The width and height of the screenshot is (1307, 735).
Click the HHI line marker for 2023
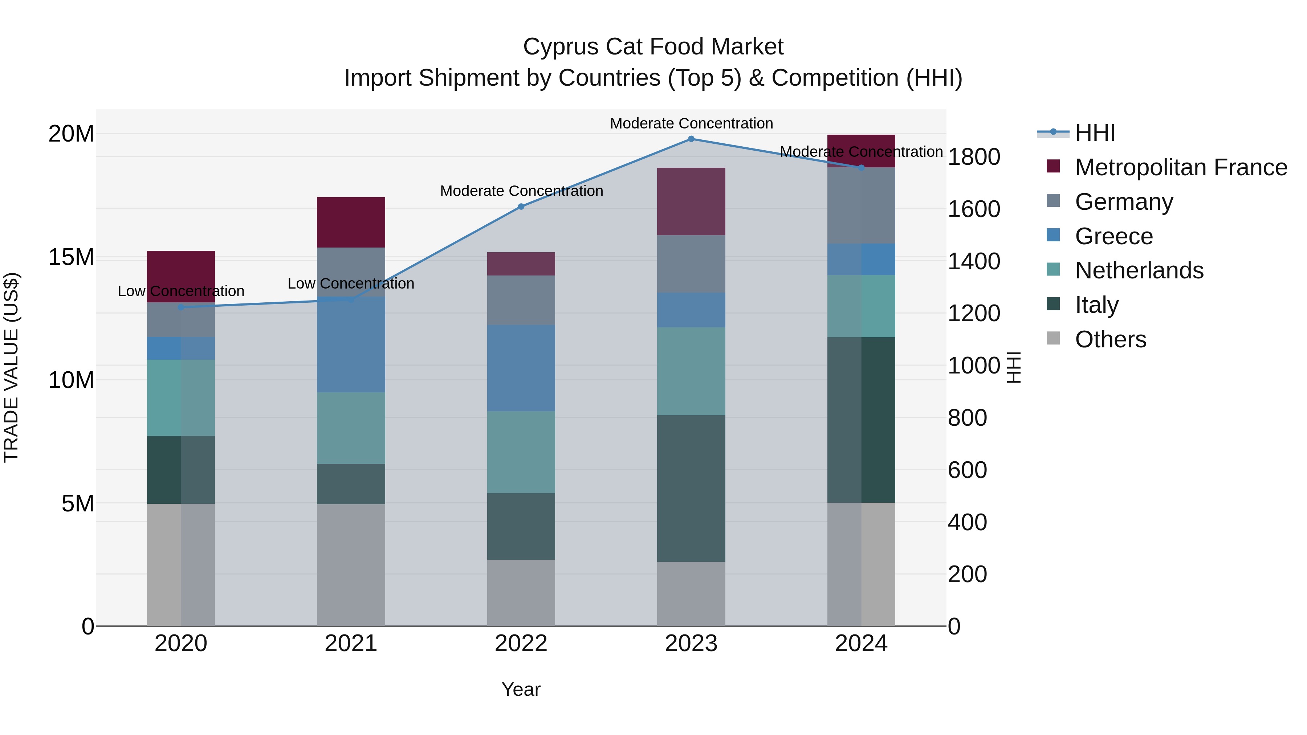(x=691, y=139)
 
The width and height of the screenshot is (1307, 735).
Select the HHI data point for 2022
(x=521, y=207)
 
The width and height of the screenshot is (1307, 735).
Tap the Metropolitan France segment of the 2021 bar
(x=351, y=222)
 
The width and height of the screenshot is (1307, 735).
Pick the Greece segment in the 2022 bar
(x=521, y=368)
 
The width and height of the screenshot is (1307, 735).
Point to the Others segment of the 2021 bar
(x=351, y=564)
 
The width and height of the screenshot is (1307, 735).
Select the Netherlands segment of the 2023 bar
(x=691, y=371)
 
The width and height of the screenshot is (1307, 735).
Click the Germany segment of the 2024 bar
(x=861, y=205)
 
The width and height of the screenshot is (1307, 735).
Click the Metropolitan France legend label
(x=1181, y=167)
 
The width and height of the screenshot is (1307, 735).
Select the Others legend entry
(x=1110, y=339)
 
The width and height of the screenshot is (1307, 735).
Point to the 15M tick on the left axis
(x=71, y=257)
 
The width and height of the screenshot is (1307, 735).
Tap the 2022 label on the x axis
(x=521, y=644)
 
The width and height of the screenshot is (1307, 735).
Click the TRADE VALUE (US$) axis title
(x=11, y=367)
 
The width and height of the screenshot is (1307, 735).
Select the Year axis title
(x=521, y=689)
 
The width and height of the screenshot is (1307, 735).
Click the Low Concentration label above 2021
(x=351, y=283)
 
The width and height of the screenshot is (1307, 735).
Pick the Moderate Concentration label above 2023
(x=691, y=123)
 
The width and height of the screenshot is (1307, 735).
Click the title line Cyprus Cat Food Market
(x=653, y=47)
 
